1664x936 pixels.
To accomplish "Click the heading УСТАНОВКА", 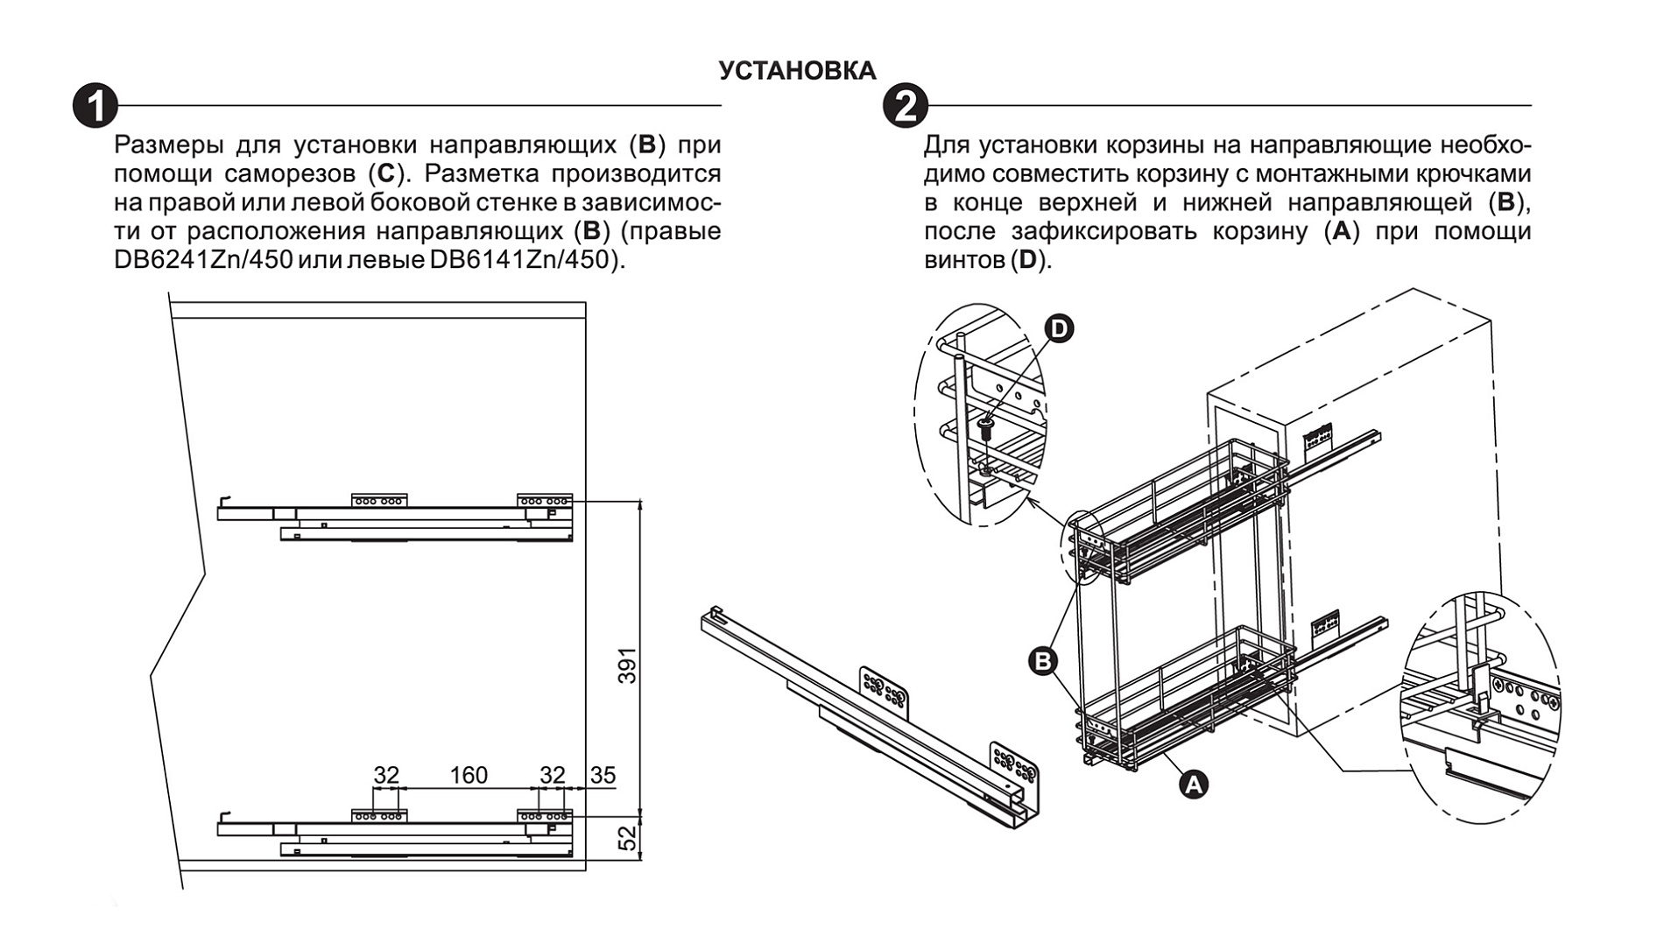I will tap(797, 71).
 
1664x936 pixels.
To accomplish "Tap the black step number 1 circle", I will tap(95, 106).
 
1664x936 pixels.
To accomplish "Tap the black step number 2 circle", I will tap(905, 106).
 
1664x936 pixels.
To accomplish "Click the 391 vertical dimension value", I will tap(627, 665).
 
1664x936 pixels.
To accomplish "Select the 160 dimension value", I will tap(469, 775).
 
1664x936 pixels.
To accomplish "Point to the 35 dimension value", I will tap(603, 775).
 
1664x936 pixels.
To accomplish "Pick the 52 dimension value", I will tap(627, 838).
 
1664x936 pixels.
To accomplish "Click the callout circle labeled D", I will tap(1059, 328).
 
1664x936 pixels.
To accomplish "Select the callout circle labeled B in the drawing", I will tap(1042, 660).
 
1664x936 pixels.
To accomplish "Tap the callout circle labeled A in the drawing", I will tap(1193, 784).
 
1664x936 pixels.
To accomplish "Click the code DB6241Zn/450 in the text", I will tap(203, 260).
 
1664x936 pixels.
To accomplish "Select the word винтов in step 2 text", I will tap(964, 260).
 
